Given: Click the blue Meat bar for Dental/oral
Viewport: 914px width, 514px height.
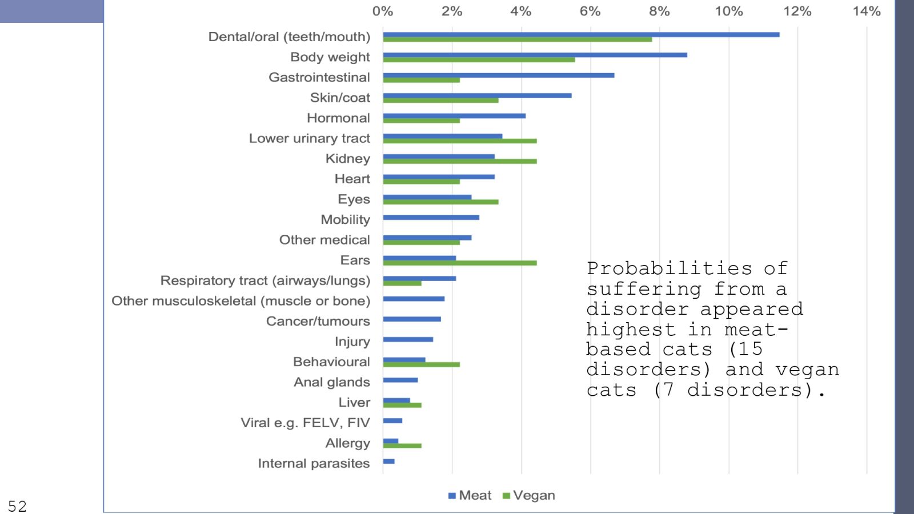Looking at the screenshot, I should [x=581, y=34].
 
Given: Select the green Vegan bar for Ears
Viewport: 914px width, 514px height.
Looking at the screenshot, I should [x=460, y=263].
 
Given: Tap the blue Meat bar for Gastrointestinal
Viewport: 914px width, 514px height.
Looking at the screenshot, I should [x=499, y=75].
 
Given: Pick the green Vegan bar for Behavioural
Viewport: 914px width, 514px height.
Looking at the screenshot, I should [x=422, y=364].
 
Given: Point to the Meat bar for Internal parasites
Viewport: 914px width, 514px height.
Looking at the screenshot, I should [x=389, y=461].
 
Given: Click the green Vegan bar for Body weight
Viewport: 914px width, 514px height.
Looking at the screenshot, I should [x=479, y=59].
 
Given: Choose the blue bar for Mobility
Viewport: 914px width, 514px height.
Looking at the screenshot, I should [x=431, y=218].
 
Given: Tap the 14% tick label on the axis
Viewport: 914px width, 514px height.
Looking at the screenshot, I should [x=867, y=11].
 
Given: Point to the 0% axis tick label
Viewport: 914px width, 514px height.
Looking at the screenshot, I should [x=383, y=11].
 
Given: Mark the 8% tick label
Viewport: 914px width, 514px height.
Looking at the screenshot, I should [x=659, y=11].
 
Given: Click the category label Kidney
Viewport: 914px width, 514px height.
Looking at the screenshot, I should [x=347, y=159].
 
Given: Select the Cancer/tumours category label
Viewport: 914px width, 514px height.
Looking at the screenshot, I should [x=318, y=322].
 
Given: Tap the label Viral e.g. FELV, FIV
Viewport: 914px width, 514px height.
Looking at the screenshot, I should [x=305, y=423].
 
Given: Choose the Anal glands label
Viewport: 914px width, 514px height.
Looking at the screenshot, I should [x=331, y=382].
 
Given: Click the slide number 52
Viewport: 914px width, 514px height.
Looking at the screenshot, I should [x=17, y=506].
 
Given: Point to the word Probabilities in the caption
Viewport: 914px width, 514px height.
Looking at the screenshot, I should [x=669, y=268].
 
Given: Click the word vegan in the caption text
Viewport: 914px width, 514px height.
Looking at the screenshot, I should [x=807, y=370].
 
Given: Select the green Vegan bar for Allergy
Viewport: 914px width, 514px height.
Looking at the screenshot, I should [x=402, y=445].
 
